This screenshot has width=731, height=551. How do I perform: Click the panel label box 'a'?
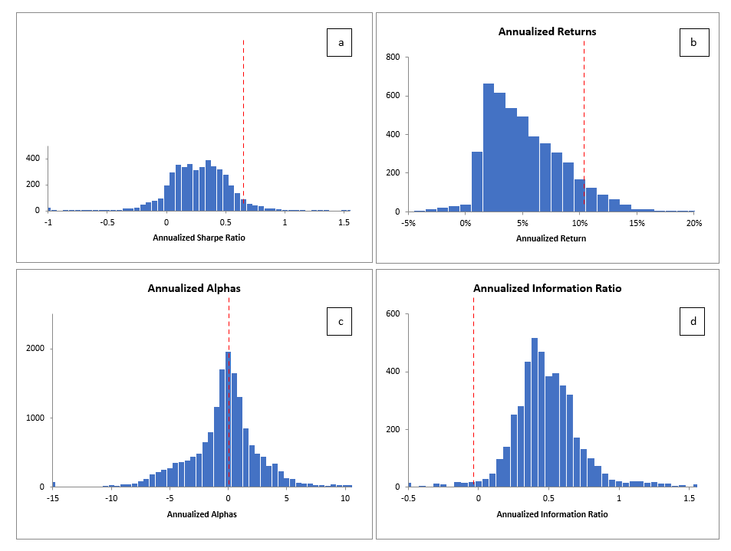click(339, 43)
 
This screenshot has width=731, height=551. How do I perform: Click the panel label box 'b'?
click(693, 43)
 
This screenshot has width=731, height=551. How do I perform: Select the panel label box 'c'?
click(339, 323)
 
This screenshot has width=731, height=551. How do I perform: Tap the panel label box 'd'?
click(693, 323)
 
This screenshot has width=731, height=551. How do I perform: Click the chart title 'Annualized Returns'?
click(547, 32)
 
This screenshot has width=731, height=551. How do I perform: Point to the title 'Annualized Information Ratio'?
click(547, 289)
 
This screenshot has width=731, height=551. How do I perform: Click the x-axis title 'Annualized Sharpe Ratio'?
click(201, 238)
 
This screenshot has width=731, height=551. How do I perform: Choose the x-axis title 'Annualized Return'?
click(551, 238)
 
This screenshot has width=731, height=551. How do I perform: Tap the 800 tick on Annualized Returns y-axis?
click(393, 57)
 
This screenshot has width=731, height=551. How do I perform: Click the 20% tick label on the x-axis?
click(693, 223)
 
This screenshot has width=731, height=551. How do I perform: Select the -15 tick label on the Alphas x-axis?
click(52, 498)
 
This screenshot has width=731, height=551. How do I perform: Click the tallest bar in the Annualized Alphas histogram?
click(228, 418)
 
